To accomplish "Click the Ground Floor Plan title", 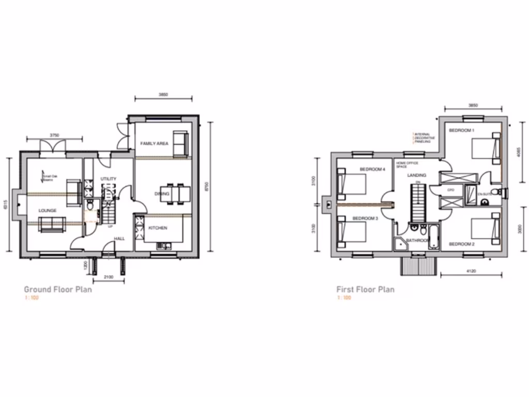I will [58, 289].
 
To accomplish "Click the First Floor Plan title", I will [365, 289].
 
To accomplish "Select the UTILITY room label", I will [108, 179].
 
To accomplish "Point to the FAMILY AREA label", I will [154, 143].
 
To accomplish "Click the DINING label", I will [162, 194].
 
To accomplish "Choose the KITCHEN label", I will [158, 228].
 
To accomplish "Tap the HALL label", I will [119, 239].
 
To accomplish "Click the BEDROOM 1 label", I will [461, 131].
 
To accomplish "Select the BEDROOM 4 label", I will [372, 170].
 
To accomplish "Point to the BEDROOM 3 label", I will [366, 219].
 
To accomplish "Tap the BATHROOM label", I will [417, 241].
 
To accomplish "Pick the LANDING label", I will [416, 175].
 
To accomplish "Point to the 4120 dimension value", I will [470, 271].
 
